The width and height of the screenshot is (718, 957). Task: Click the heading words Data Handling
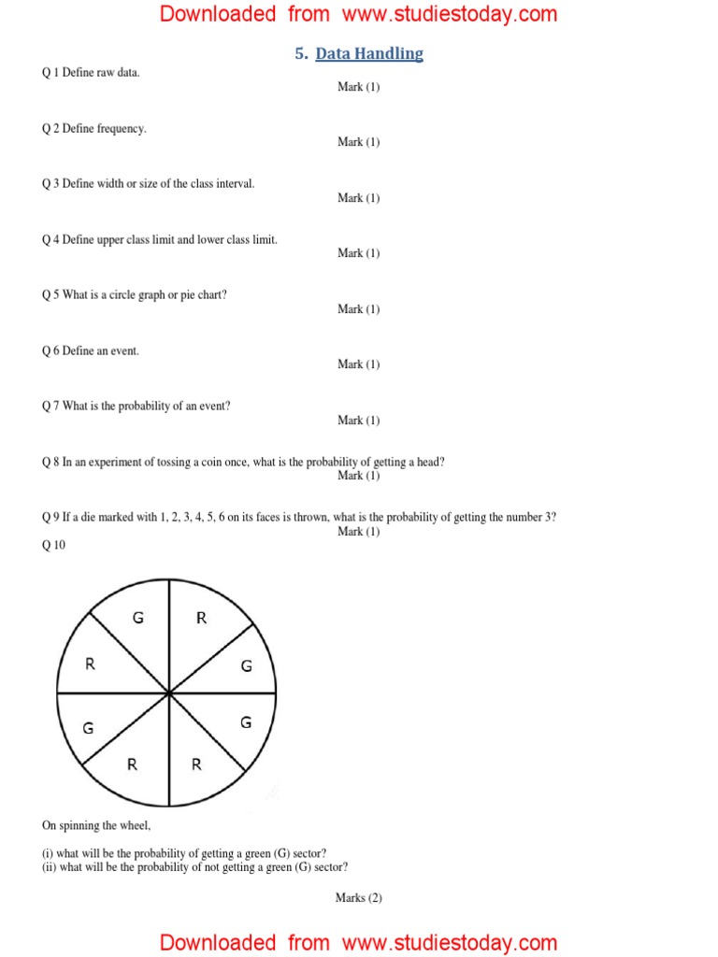click(x=369, y=54)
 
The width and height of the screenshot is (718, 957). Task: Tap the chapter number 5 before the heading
click(x=300, y=54)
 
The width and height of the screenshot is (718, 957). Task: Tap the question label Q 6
click(x=51, y=350)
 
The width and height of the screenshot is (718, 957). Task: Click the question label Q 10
click(x=54, y=546)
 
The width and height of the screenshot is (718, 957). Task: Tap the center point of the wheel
click(x=168, y=693)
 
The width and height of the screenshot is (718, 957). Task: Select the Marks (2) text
click(x=359, y=898)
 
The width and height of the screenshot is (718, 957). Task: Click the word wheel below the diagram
click(x=133, y=825)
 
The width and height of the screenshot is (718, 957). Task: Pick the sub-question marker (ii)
click(x=50, y=866)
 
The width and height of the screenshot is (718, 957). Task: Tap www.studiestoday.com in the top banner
click(x=450, y=14)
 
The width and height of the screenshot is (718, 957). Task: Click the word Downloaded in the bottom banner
click(x=218, y=943)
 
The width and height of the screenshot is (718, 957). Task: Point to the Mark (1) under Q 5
click(x=359, y=309)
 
